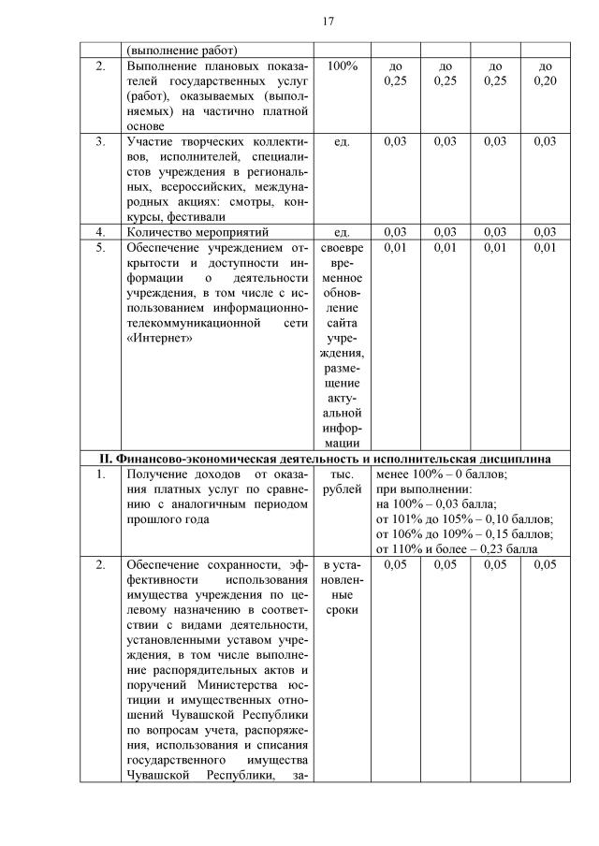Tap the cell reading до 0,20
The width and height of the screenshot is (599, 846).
[546, 75]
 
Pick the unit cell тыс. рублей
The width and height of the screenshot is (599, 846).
[341, 482]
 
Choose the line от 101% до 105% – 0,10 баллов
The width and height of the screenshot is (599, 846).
[464, 518]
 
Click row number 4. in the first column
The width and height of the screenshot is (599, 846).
[100, 231]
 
